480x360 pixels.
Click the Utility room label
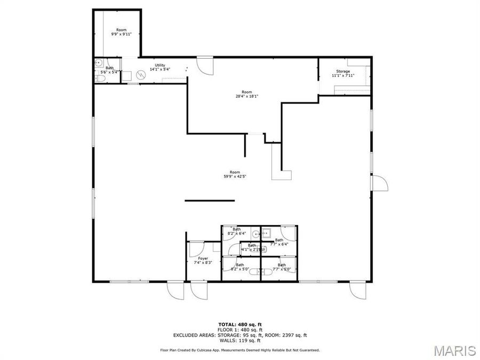click(x=160, y=65)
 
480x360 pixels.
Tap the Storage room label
click(x=343, y=71)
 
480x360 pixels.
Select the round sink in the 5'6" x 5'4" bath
click(x=99, y=62)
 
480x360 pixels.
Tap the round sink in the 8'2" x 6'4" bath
click(x=255, y=233)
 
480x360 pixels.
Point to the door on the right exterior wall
click(x=379, y=183)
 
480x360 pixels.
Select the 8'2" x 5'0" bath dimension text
click(x=240, y=269)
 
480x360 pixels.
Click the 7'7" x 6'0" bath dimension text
click(x=281, y=269)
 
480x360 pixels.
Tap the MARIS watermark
click(x=454, y=350)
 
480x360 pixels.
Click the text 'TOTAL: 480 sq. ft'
click(x=239, y=324)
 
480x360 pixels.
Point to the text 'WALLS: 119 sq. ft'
click(x=239, y=340)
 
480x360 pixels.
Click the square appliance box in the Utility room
click(x=126, y=76)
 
